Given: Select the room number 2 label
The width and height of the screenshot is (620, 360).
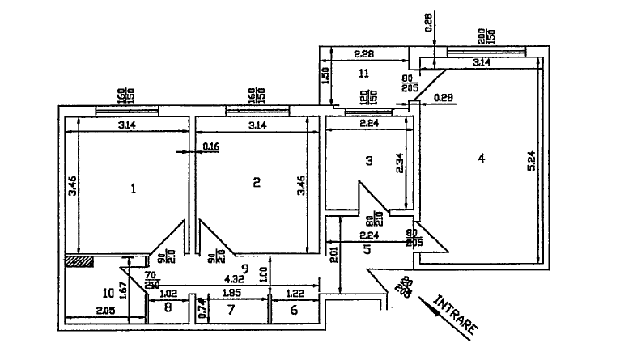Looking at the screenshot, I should (256, 183).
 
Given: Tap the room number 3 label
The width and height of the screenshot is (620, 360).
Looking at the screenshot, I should (368, 161).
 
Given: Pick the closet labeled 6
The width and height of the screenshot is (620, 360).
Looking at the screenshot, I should (293, 310).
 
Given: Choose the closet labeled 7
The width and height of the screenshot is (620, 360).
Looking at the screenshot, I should (231, 310).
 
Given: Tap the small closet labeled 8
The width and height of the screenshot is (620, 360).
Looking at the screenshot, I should (168, 308).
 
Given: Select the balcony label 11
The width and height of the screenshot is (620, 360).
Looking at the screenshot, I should (363, 73).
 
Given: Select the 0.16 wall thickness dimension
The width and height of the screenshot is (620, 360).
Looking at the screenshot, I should (211, 146).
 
